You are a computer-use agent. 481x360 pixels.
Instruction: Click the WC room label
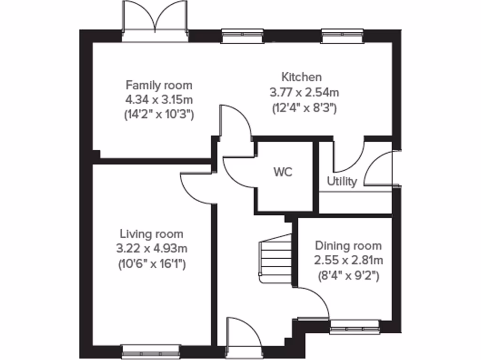click(x=283, y=172)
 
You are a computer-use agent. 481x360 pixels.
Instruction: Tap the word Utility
click(x=342, y=181)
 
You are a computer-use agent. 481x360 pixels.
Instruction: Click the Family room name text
click(x=159, y=85)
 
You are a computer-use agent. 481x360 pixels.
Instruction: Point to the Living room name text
click(x=151, y=233)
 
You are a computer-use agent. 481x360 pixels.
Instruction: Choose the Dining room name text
click(x=348, y=246)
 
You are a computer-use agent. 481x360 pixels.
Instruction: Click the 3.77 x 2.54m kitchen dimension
click(x=304, y=92)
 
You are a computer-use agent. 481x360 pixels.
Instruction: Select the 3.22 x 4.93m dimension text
click(x=151, y=248)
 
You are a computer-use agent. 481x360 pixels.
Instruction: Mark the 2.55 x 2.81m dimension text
click(x=348, y=260)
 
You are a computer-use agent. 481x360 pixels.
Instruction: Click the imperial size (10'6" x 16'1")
click(x=151, y=264)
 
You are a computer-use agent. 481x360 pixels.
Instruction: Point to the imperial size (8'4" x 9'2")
click(x=348, y=275)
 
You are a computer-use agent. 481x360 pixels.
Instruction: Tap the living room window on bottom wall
click(x=151, y=350)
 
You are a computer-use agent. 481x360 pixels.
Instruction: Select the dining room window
click(x=354, y=327)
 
